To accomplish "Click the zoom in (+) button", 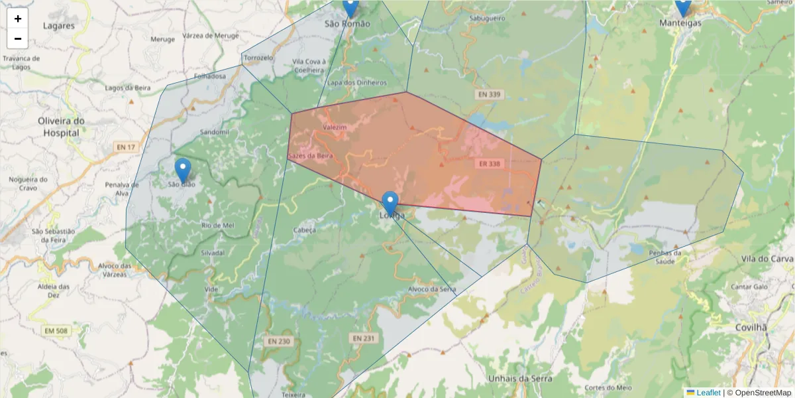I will (18, 19).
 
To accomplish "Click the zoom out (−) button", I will (18, 38).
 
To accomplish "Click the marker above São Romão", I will (350, 8).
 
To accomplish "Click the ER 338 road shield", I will (488, 163).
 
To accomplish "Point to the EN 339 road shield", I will (488, 95).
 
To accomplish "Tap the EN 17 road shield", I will (125, 147).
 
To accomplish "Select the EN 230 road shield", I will (279, 341).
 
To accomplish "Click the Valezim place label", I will (334, 126).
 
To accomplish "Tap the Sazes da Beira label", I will (311, 155).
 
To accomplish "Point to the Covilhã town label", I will (751, 328).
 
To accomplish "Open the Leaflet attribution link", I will (708, 393).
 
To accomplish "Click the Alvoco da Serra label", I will (432, 289).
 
